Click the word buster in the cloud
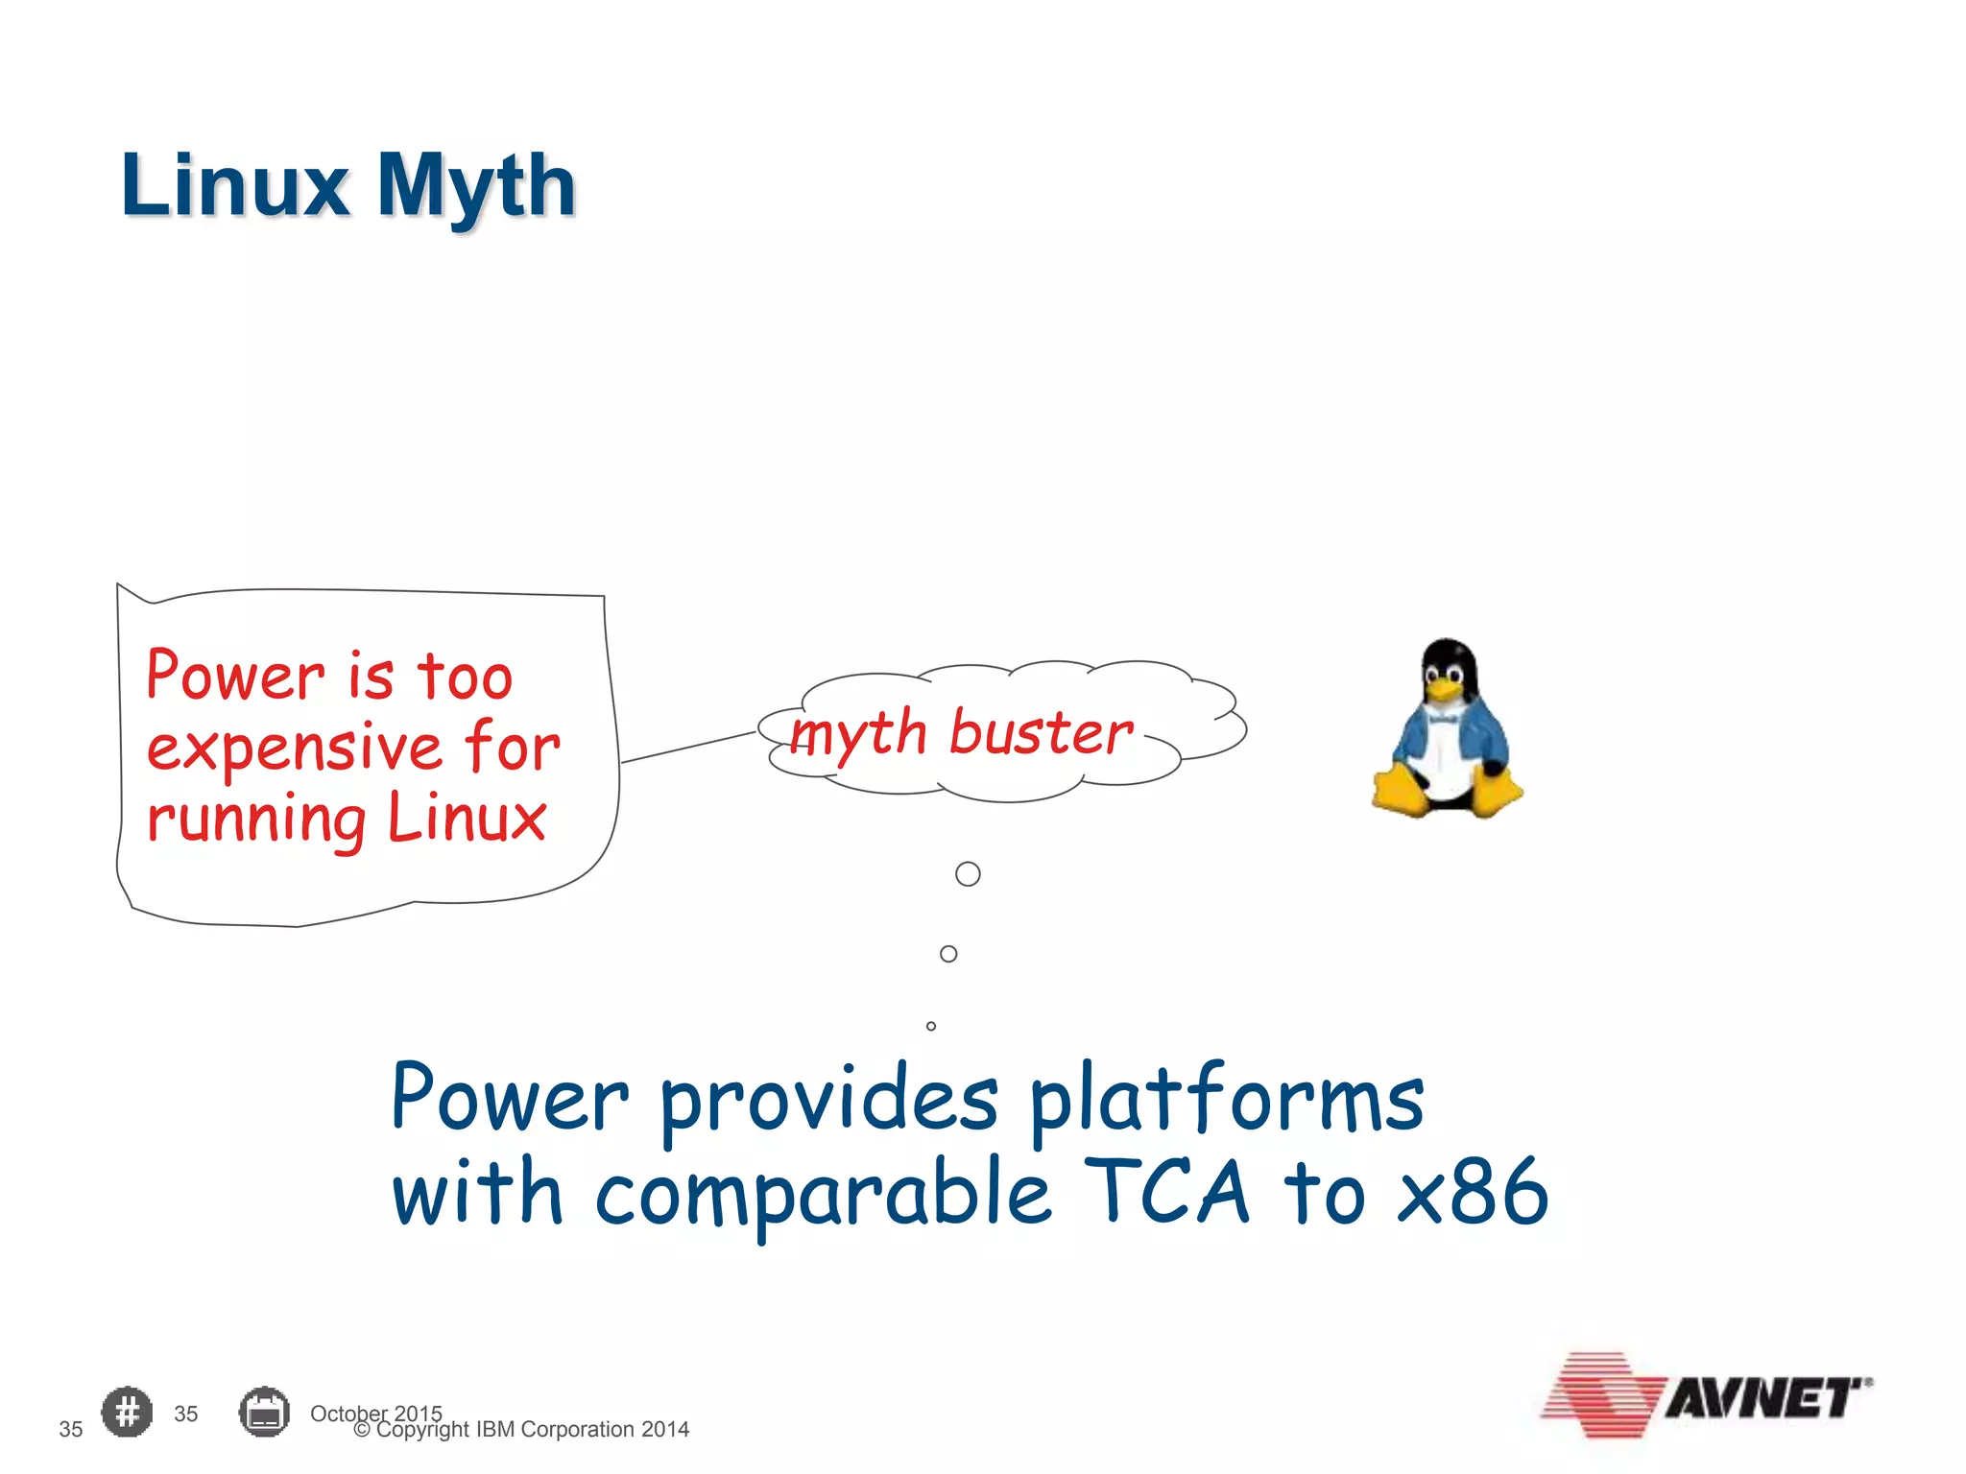[1041, 734]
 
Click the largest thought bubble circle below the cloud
[968, 874]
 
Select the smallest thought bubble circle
[930, 1026]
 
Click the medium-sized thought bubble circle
[948, 954]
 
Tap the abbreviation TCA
[1167, 1192]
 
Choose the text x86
[1473, 1192]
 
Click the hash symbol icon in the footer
[127, 1412]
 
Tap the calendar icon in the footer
[264, 1412]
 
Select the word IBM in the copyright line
[495, 1430]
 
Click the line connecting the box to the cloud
[687, 748]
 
